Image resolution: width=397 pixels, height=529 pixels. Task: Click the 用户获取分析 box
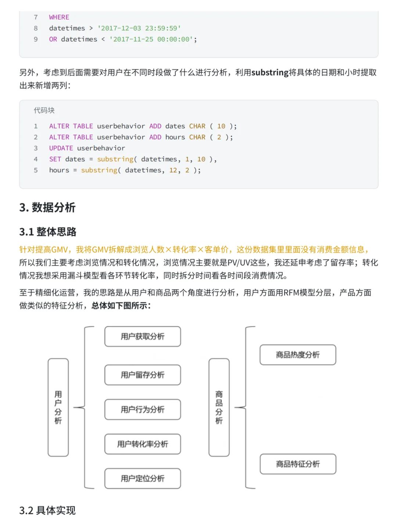(x=143, y=337)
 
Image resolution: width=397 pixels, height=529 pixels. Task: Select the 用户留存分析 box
(x=143, y=375)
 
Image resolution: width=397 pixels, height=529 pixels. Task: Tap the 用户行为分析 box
(x=143, y=409)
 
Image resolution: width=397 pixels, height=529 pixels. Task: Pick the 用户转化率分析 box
(x=143, y=444)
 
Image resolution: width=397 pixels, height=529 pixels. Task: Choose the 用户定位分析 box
(x=143, y=478)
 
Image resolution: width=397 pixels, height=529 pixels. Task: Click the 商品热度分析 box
(x=298, y=355)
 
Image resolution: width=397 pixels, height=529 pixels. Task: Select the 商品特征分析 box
(x=298, y=464)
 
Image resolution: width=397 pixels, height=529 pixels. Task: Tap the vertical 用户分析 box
(x=58, y=407)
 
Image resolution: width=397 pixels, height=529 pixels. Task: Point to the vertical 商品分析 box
(x=219, y=407)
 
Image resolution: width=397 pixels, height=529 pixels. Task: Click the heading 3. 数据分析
(x=47, y=208)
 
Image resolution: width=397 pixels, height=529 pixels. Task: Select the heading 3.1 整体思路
(x=48, y=232)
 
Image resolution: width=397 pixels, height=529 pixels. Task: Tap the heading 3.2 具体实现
(x=47, y=510)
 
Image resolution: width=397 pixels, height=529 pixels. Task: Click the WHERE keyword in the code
(x=59, y=17)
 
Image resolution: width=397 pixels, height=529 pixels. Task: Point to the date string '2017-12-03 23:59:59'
(x=139, y=28)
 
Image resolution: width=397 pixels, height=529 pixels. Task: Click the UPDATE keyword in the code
(x=61, y=148)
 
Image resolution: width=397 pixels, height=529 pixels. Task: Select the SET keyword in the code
(x=55, y=159)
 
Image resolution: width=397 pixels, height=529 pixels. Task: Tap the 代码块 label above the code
(x=44, y=110)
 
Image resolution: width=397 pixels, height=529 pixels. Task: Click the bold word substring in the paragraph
(x=270, y=72)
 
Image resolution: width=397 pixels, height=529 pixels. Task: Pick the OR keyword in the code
(x=53, y=39)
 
